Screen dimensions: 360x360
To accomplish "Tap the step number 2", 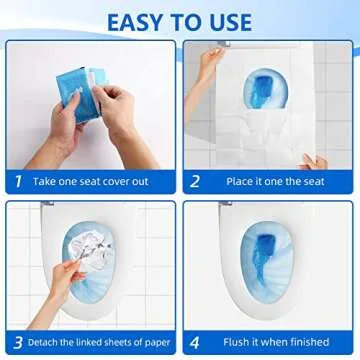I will [x=196, y=183].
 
